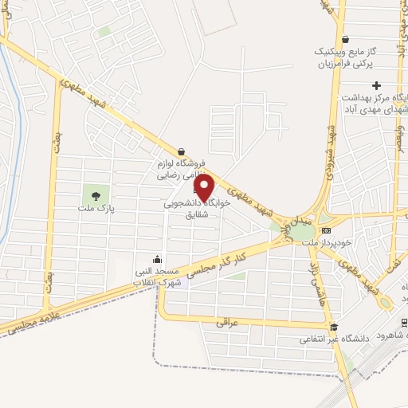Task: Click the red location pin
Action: [x=205, y=188]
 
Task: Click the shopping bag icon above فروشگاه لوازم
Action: [x=182, y=151]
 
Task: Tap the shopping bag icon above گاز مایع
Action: [x=344, y=39]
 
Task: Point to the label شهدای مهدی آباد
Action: [x=375, y=108]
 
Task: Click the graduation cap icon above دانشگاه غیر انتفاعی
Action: [x=335, y=327]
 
